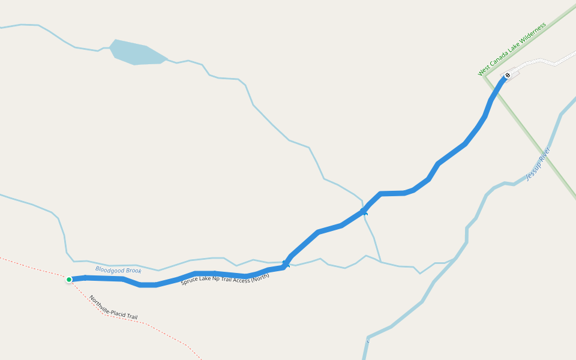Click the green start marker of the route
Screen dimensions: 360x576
(x=69, y=279)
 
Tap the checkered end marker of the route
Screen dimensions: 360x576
(x=507, y=76)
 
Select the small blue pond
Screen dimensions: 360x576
(x=136, y=53)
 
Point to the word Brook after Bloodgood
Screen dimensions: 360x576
(x=134, y=271)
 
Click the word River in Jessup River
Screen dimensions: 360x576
(x=545, y=154)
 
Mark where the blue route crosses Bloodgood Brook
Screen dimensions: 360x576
(x=287, y=263)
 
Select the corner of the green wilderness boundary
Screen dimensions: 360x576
(x=485, y=77)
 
